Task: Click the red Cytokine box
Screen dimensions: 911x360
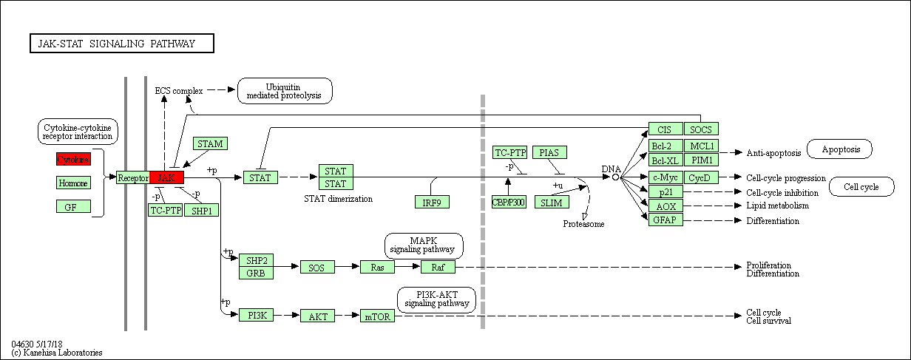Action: click(73, 159)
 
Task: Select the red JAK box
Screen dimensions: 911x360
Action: click(167, 177)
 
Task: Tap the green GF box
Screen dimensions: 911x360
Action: click(73, 206)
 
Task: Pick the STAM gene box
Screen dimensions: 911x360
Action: click(210, 143)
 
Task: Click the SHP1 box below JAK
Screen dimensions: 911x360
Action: click(201, 210)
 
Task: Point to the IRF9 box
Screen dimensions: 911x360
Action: click(432, 202)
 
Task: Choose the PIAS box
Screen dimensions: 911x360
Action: click(549, 152)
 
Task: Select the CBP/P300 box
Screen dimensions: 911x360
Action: click(509, 202)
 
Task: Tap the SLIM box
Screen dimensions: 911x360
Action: click(552, 202)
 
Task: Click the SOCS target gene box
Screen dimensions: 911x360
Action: click(701, 129)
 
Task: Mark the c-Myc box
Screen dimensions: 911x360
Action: click(666, 177)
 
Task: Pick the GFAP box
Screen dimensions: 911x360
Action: click(666, 220)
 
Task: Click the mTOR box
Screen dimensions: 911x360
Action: click(377, 316)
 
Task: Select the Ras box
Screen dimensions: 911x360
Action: click(377, 267)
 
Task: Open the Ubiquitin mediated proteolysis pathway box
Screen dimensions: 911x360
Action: click(285, 91)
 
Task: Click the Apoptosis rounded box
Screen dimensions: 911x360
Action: click(839, 149)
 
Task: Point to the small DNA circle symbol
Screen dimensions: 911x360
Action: click(615, 177)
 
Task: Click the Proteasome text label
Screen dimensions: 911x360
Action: click(583, 224)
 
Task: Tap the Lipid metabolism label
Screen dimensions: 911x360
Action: click(778, 206)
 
